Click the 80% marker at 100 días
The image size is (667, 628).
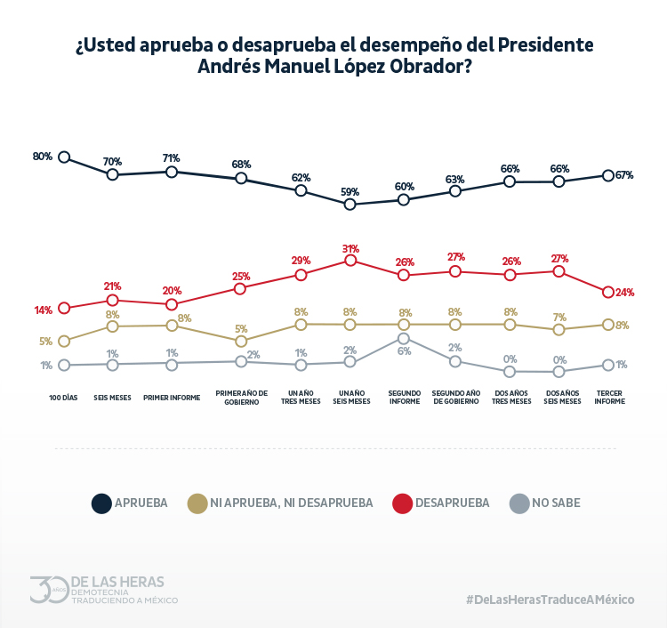pyautogui.click(x=64, y=157)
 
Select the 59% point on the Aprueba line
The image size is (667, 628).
pyautogui.click(x=350, y=205)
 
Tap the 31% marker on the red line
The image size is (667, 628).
pyautogui.click(x=350, y=261)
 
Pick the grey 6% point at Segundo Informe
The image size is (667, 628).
pyautogui.click(x=404, y=339)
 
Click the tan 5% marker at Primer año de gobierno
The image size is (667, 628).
pyautogui.click(x=241, y=341)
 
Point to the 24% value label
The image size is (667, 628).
pyautogui.click(x=624, y=293)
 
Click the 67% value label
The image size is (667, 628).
pyautogui.click(x=624, y=175)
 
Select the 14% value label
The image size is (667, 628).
pyautogui.click(x=44, y=310)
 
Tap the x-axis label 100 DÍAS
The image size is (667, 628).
pyautogui.click(x=64, y=397)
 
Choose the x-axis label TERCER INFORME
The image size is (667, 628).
pyautogui.click(x=609, y=397)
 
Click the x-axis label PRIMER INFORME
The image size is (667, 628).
pyautogui.click(x=172, y=397)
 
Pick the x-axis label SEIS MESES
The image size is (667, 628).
pyautogui.click(x=113, y=397)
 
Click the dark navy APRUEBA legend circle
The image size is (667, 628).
pyautogui.click(x=100, y=503)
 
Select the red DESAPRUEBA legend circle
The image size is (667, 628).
pyautogui.click(x=402, y=503)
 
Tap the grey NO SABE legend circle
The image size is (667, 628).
pyautogui.click(x=518, y=503)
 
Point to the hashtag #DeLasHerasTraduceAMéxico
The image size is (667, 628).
pyautogui.click(x=550, y=600)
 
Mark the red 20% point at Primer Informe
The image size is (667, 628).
pyautogui.click(x=172, y=304)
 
